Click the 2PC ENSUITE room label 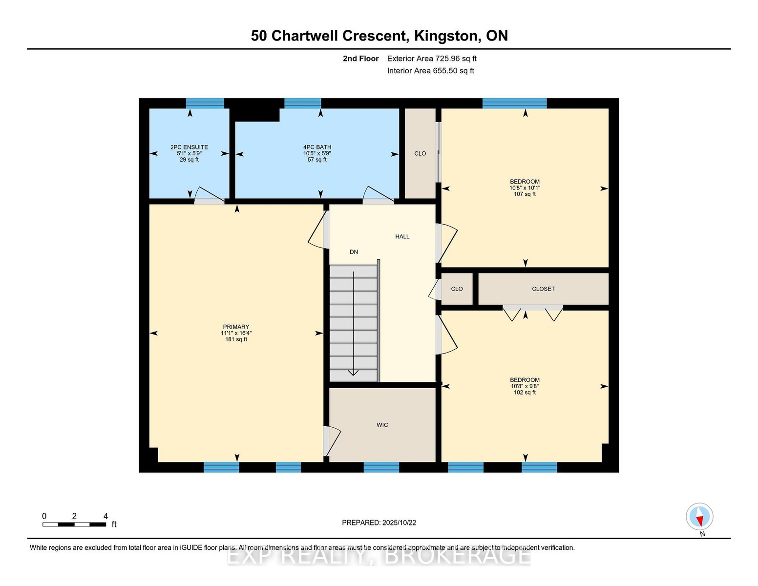tap(189, 147)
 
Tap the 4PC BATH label tap(317, 147)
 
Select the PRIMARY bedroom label tap(236, 327)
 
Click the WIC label tap(382, 425)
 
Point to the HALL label tap(402, 237)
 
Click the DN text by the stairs tap(354, 252)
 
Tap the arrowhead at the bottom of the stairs tap(354, 373)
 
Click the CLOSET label tap(543, 289)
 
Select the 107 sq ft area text tap(525, 194)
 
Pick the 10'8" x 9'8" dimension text tap(525, 386)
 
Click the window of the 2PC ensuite tap(205, 104)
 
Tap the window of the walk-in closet tap(381, 467)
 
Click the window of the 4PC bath tap(302, 104)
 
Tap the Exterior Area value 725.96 tap(447, 59)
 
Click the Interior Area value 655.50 tap(445, 71)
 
